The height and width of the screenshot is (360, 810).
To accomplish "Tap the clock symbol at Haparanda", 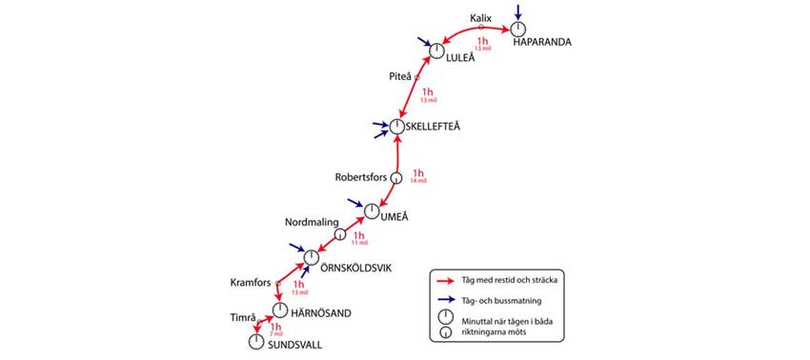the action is pyautogui.click(x=518, y=30).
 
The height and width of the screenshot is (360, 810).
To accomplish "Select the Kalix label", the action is pyautogui.click(x=481, y=18).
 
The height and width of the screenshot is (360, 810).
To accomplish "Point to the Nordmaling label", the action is pyautogui.click(x=312, y=222).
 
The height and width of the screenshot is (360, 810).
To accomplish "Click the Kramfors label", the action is pyautogui.click(x=251, y=283).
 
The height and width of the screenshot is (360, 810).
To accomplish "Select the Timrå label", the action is pyautogui.click(x=244, y=318).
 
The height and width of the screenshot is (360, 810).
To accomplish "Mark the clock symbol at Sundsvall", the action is pyautogui.click(x=255, y=341).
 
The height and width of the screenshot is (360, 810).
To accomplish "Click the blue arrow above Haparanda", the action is pyautogui.click(x=517, y=11).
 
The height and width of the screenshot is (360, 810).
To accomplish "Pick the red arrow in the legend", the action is pyautogui.click(x=444, y=281).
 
